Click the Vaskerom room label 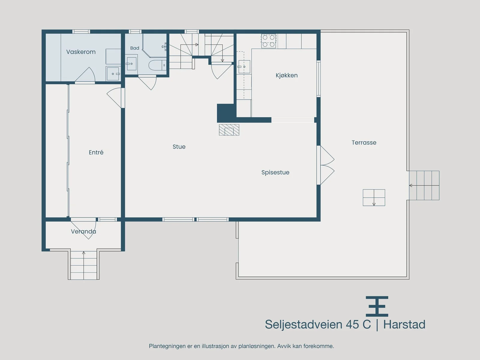tap(81, 52)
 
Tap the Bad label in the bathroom tap(135, 48)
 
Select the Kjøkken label tap(286, 75)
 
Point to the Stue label tap(179, 147)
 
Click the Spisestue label tap(275, 172)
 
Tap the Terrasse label tap(364, 143)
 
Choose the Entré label tap(96, 152)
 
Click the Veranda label tap(83, 232)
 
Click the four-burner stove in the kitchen tap(268, 41)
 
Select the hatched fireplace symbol tap(229, 130)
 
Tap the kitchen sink tap(244, 67)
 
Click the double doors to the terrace tap(326, 165)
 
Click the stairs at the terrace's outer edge tap(424, 185)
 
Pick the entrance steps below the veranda tap(83, 265)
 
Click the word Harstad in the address tap(404, 324)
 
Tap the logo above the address tap(377, 306)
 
